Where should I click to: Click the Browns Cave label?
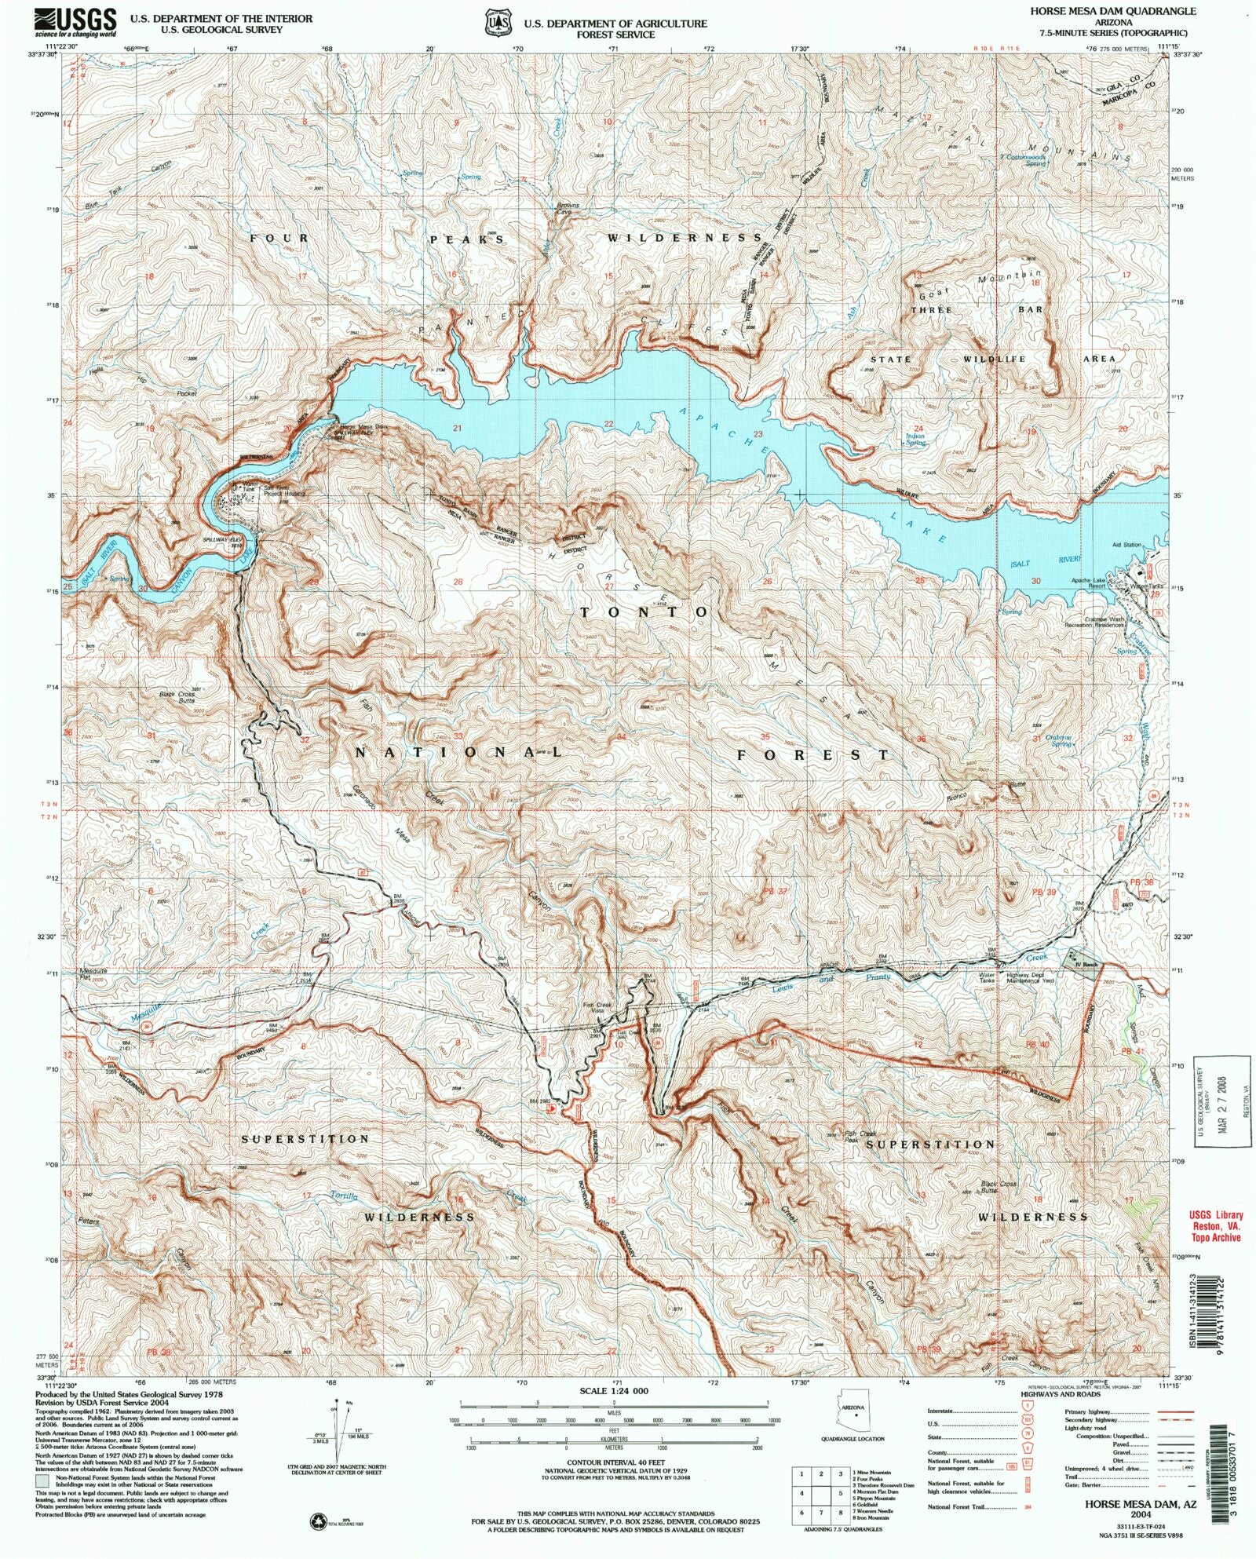tap(567, 208)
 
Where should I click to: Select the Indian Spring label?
tap(915, 440)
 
